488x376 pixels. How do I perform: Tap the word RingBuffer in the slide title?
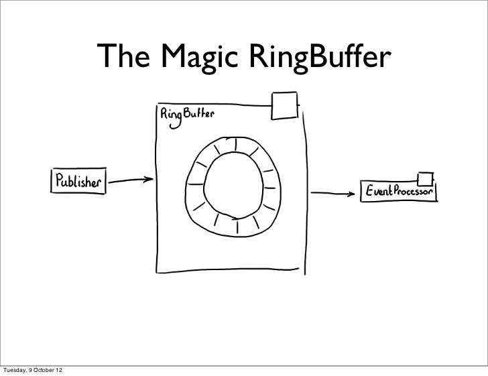point(319,59)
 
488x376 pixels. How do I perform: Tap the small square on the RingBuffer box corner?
point(284,104)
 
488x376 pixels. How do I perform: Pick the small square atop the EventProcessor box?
point(424,178)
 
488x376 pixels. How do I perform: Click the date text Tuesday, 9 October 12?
point(33,370)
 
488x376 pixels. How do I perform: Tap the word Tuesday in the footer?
point(13,370)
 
